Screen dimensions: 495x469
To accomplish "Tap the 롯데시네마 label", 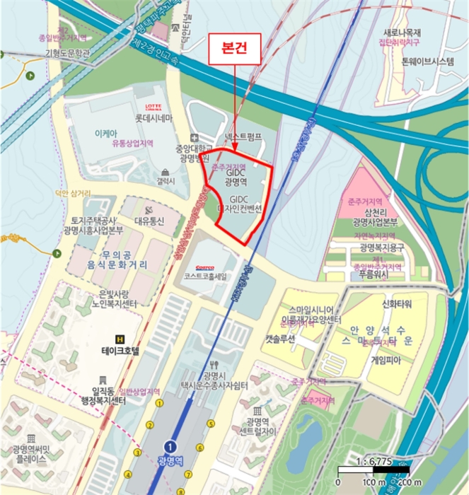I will click(155, 119).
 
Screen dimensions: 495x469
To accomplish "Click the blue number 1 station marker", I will click(170, 446).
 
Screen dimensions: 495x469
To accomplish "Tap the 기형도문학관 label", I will click(68, 53).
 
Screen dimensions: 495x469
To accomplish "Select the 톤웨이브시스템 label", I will click(427, 62).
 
